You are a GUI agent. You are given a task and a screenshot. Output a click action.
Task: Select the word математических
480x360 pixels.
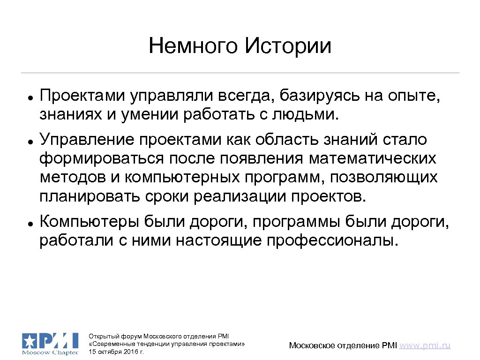[x=372, y=159]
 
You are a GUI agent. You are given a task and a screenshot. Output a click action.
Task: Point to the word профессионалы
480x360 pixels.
[x=334, y=240]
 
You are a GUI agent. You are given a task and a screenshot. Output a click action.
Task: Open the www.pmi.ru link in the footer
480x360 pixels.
[x=425, y=345]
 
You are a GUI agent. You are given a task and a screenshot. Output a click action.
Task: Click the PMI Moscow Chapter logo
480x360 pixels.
[x=50, y=343]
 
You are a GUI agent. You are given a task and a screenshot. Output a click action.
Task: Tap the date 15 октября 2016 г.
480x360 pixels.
[x=116, y=351]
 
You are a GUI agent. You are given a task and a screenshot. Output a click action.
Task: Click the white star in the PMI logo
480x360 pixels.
[x=29, y=340]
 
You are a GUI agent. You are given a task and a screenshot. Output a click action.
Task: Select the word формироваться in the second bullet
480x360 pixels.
[x=100, y=159]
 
